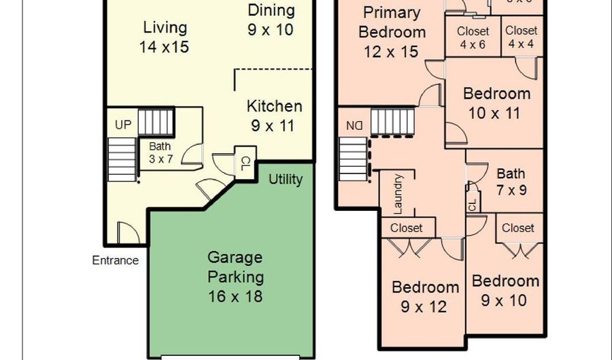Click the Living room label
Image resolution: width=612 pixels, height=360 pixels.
coord(165,37)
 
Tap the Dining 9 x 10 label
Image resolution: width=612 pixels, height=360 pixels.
coord(271,20)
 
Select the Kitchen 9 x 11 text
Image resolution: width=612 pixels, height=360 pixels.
coord(274,116)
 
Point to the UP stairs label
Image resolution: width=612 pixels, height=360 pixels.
coord(123,125)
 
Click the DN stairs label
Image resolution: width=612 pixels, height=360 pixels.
coord(354,125)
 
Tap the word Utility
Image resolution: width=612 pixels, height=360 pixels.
coord(285,180)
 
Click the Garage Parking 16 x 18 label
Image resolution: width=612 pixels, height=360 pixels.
coord(235,277)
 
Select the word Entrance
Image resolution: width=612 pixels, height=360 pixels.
coord(116,260)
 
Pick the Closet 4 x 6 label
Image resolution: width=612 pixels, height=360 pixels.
coord(473,37)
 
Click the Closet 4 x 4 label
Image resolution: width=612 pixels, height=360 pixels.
coord(521,37)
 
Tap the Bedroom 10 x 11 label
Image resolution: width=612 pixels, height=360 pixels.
coord(496,103)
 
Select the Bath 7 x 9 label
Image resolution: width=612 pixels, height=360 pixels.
coord(511,182)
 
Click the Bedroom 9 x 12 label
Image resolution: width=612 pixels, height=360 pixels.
coord(425,297)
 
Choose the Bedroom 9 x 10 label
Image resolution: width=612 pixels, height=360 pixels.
coord(505,291)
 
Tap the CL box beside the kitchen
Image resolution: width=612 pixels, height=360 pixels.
coord(244,163)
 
